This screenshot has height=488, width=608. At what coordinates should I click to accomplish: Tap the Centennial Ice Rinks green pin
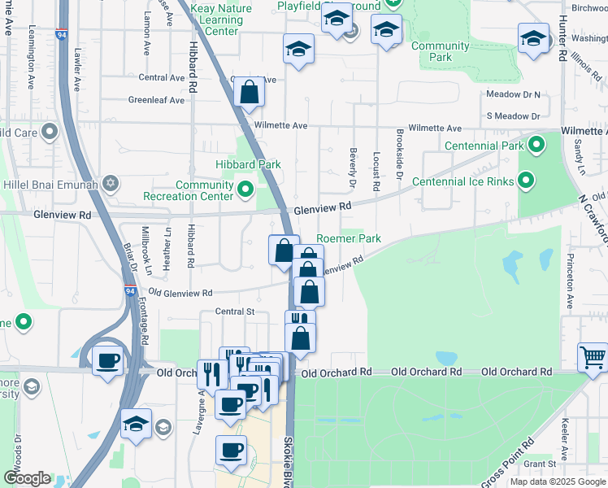pyautogui.click(x=525, y=181)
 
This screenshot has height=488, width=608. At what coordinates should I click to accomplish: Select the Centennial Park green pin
pyautogui.click(x=536, y=146)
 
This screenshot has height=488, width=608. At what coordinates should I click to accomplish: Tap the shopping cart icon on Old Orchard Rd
pyautogui.click(x=593, y=357)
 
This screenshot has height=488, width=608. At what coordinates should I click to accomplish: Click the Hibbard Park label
pyautogui.click(x=248, y=164)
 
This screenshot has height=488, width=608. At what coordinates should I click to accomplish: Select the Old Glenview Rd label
pyautogui.click(x=180, y=293)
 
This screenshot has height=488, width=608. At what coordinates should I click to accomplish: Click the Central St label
pyautogui.click(x=235, y=312)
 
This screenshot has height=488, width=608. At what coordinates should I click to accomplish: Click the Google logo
pyautogui.click(x=27, y=478)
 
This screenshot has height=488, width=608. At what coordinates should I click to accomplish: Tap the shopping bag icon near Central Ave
pyautogui.click(x=249, y=93)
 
